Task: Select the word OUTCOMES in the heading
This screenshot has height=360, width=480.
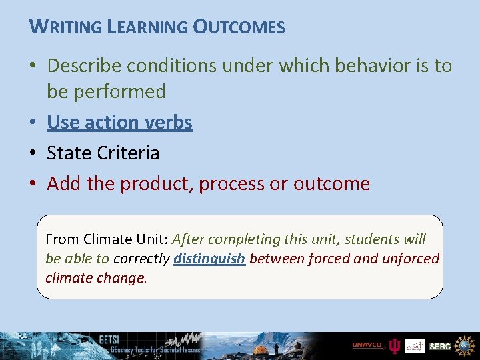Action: click(238, 27)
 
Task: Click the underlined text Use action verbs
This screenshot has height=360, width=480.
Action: click(119, 123)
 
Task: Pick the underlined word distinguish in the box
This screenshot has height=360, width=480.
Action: click(209, 259)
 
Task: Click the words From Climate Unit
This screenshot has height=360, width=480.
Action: click(107, 239)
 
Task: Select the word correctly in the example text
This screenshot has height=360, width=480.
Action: click(141, 259)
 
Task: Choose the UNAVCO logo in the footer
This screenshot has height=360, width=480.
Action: click(367, 345)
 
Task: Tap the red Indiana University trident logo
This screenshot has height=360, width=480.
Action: click(395, 346)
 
